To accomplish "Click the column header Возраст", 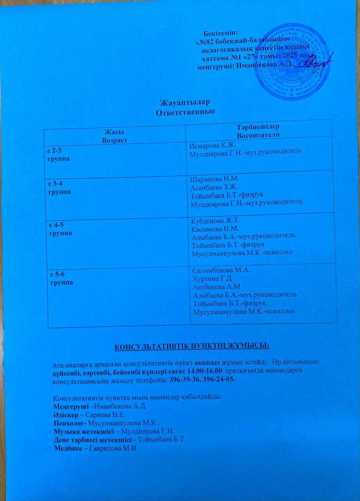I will pyautogui.click(x=116, y=139).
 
